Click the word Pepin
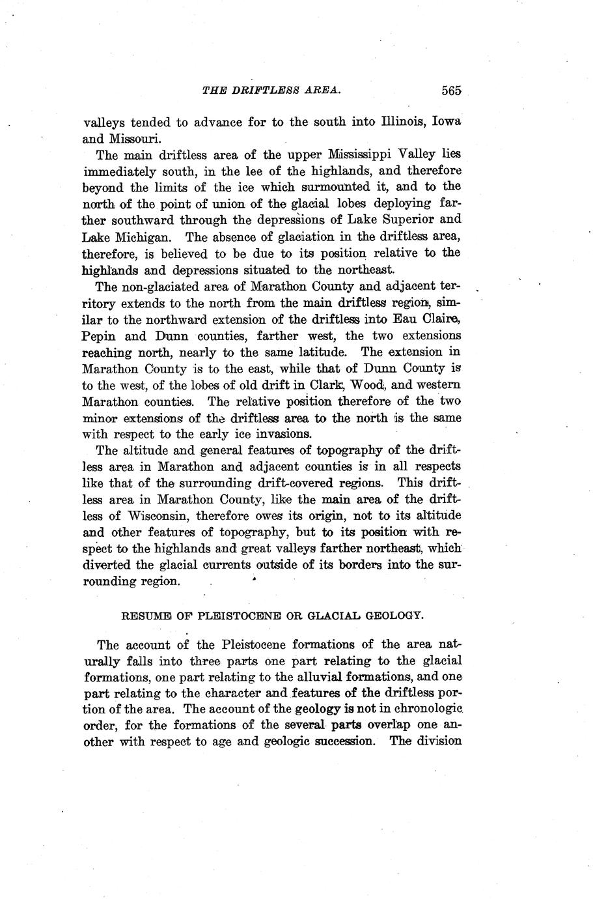100,336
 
